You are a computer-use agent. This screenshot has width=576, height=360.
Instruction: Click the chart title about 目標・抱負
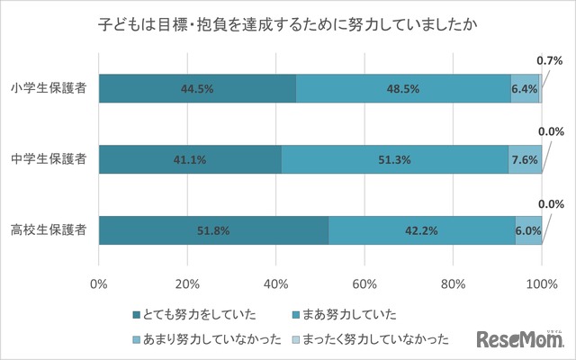[287, 26]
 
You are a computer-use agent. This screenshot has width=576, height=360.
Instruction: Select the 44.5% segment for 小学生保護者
[197, 89]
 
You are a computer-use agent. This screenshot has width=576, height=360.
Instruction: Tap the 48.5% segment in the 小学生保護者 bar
[403, 89]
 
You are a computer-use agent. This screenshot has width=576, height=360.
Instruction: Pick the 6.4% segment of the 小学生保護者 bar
[524, 89]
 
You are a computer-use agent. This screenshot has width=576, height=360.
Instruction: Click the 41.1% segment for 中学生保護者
[190, 159]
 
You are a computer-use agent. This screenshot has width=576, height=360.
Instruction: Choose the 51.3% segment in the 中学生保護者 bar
[394, 159]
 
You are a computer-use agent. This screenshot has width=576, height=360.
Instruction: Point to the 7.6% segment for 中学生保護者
[525, 159]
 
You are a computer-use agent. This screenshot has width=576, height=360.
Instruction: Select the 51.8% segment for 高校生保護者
[213, 229]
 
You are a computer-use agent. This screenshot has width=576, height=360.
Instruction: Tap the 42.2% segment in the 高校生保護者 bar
[421, 229]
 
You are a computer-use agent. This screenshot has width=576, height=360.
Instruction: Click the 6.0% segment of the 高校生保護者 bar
[528, 229]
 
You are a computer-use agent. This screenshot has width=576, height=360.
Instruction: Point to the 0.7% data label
[549, 60]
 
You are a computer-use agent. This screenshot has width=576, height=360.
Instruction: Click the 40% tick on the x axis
[276, 284]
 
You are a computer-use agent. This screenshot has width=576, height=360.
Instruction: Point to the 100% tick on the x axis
[542, 284]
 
